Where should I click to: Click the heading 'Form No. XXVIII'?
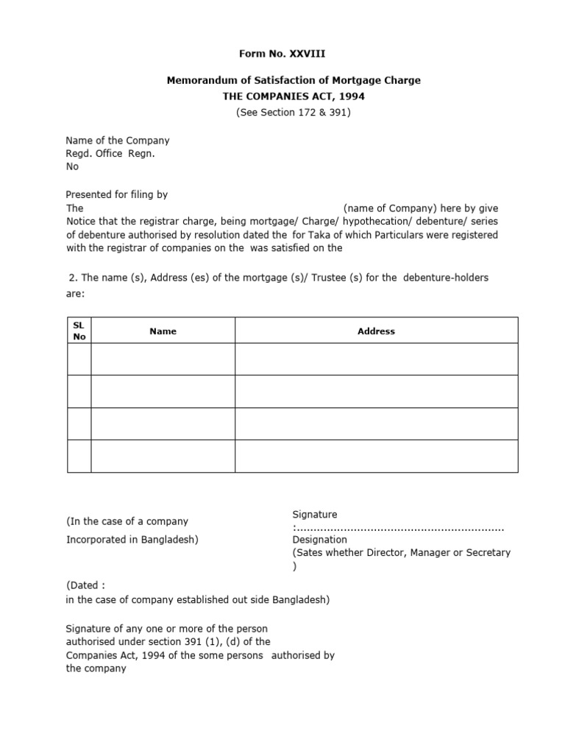(x=282, y=54)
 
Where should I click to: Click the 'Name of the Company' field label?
(x=118, y=140)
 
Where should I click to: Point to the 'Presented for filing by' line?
(x=117, y=194)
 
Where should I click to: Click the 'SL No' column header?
(x=79, y=331)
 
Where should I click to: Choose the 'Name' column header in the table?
(x=163, y=331)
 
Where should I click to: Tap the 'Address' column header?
(x=376, y=331)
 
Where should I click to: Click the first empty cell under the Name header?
(x=163, y=359)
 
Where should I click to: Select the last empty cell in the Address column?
(x=376, y=456)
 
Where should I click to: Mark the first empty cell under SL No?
(x=79, y=359)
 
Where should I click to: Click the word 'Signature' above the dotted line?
(x=315, y=514)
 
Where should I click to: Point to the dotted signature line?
(x=399, y=528)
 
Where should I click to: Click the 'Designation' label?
(x=320, y=540)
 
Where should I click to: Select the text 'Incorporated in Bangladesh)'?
(x=132, y=539)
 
